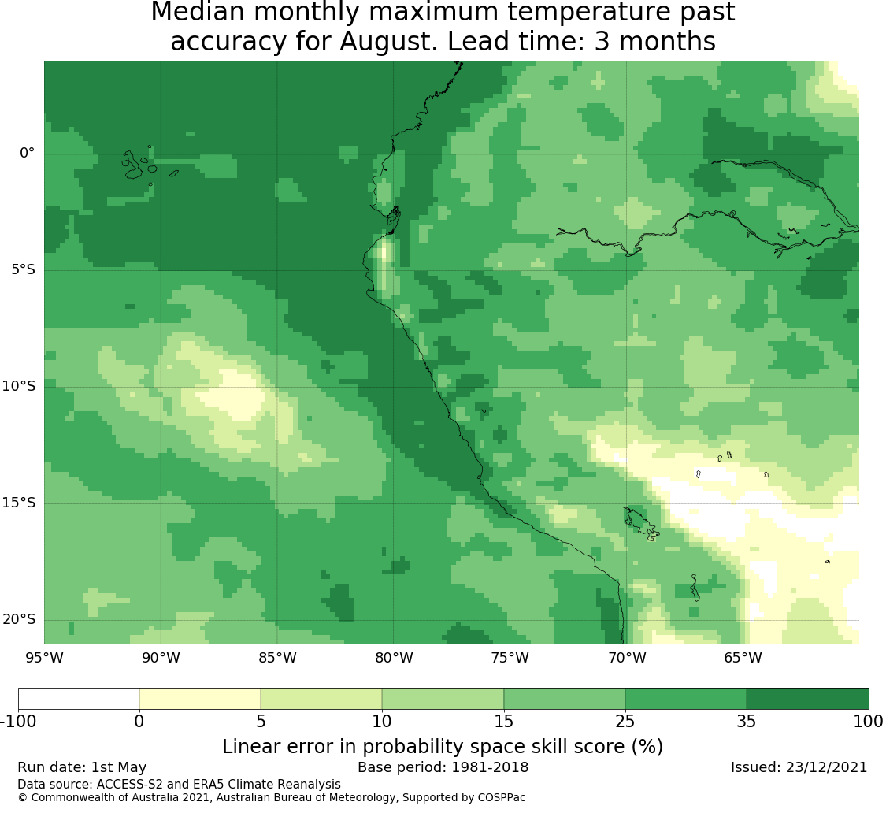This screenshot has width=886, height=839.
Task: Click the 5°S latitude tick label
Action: point(23,269)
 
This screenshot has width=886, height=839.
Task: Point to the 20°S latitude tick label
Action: point(19,620)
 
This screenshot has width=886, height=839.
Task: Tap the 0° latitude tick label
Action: point(27,153)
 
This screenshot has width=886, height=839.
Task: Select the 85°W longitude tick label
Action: point(277,658)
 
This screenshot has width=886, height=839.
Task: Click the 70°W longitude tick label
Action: point(627,658)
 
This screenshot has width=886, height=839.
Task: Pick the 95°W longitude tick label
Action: point(44,658)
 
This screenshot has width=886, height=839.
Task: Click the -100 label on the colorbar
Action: point(19,721)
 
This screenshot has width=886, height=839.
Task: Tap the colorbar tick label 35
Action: point(747,721)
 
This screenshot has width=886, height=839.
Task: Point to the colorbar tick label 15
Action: point(503,721)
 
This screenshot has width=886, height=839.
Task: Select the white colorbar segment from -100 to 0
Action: point(79,699)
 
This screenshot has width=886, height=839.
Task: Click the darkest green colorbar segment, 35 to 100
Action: point(807,699)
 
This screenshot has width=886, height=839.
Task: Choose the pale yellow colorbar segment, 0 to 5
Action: point(200,699)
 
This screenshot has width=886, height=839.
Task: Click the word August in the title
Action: point(387,41)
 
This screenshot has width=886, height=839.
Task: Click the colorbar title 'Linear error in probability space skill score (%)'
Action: point(443,746)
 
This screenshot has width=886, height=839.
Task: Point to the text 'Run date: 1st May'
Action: point(82,767)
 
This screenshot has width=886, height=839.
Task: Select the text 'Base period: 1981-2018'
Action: point(443,767)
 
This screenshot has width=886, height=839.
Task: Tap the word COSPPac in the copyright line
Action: point(501,798)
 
